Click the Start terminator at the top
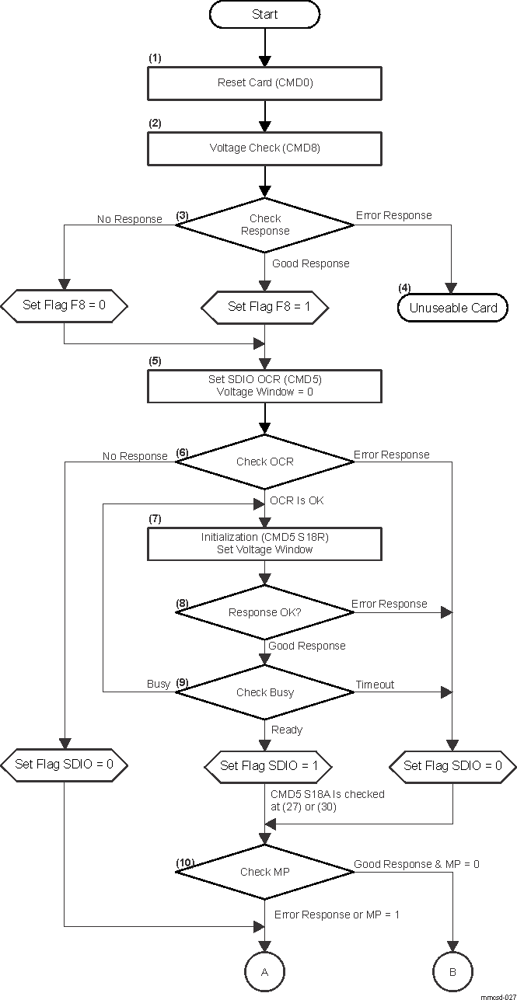click(x=265, y=15)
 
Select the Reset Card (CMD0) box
click(x=265, y=83)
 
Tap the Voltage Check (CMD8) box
click(x=265, y=148)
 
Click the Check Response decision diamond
click(x=265, y=225)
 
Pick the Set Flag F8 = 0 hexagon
click(x=63, y=305)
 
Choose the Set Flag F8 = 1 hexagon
click(x=265, y=306)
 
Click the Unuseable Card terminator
click(x=453, y=308)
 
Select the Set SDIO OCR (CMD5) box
click(x=265, y=386)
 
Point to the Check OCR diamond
click(x=265, y=462)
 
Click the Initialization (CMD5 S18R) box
click(x=265, y=544)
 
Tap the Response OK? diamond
click(x=265, y=612)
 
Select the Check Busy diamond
click(x=265, y=692)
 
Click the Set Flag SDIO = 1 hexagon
click(x=265, y=765)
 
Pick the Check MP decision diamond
click(x=265, y=872)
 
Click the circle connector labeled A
click(x=265, y=972)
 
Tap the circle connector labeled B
click(x=452, y=972)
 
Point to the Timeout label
click(x=375, y=685)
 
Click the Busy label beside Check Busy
click(x=159, y=685)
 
